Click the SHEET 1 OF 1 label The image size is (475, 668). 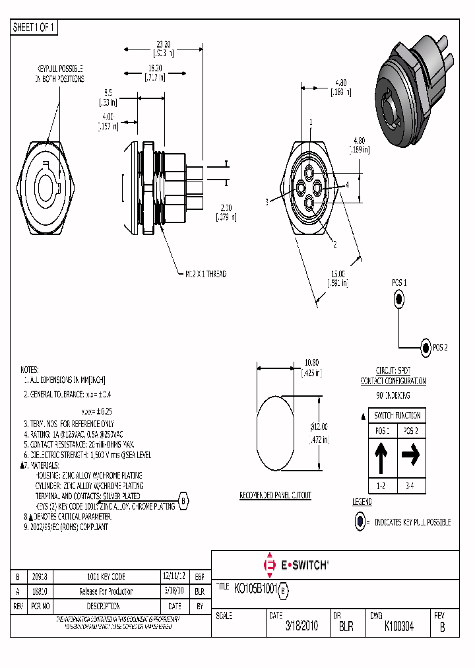pos(35,27)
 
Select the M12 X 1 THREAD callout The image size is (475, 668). pos(203,274)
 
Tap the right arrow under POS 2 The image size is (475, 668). pos(410,455)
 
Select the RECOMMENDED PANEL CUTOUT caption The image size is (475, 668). pos(275,495)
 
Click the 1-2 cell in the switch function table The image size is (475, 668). pos(382,486)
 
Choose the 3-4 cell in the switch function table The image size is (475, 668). pos(410,486)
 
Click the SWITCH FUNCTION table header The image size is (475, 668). pos(396,415)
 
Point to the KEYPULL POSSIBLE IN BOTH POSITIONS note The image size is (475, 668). pos(59,74)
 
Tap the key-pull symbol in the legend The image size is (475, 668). pos(360,521)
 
